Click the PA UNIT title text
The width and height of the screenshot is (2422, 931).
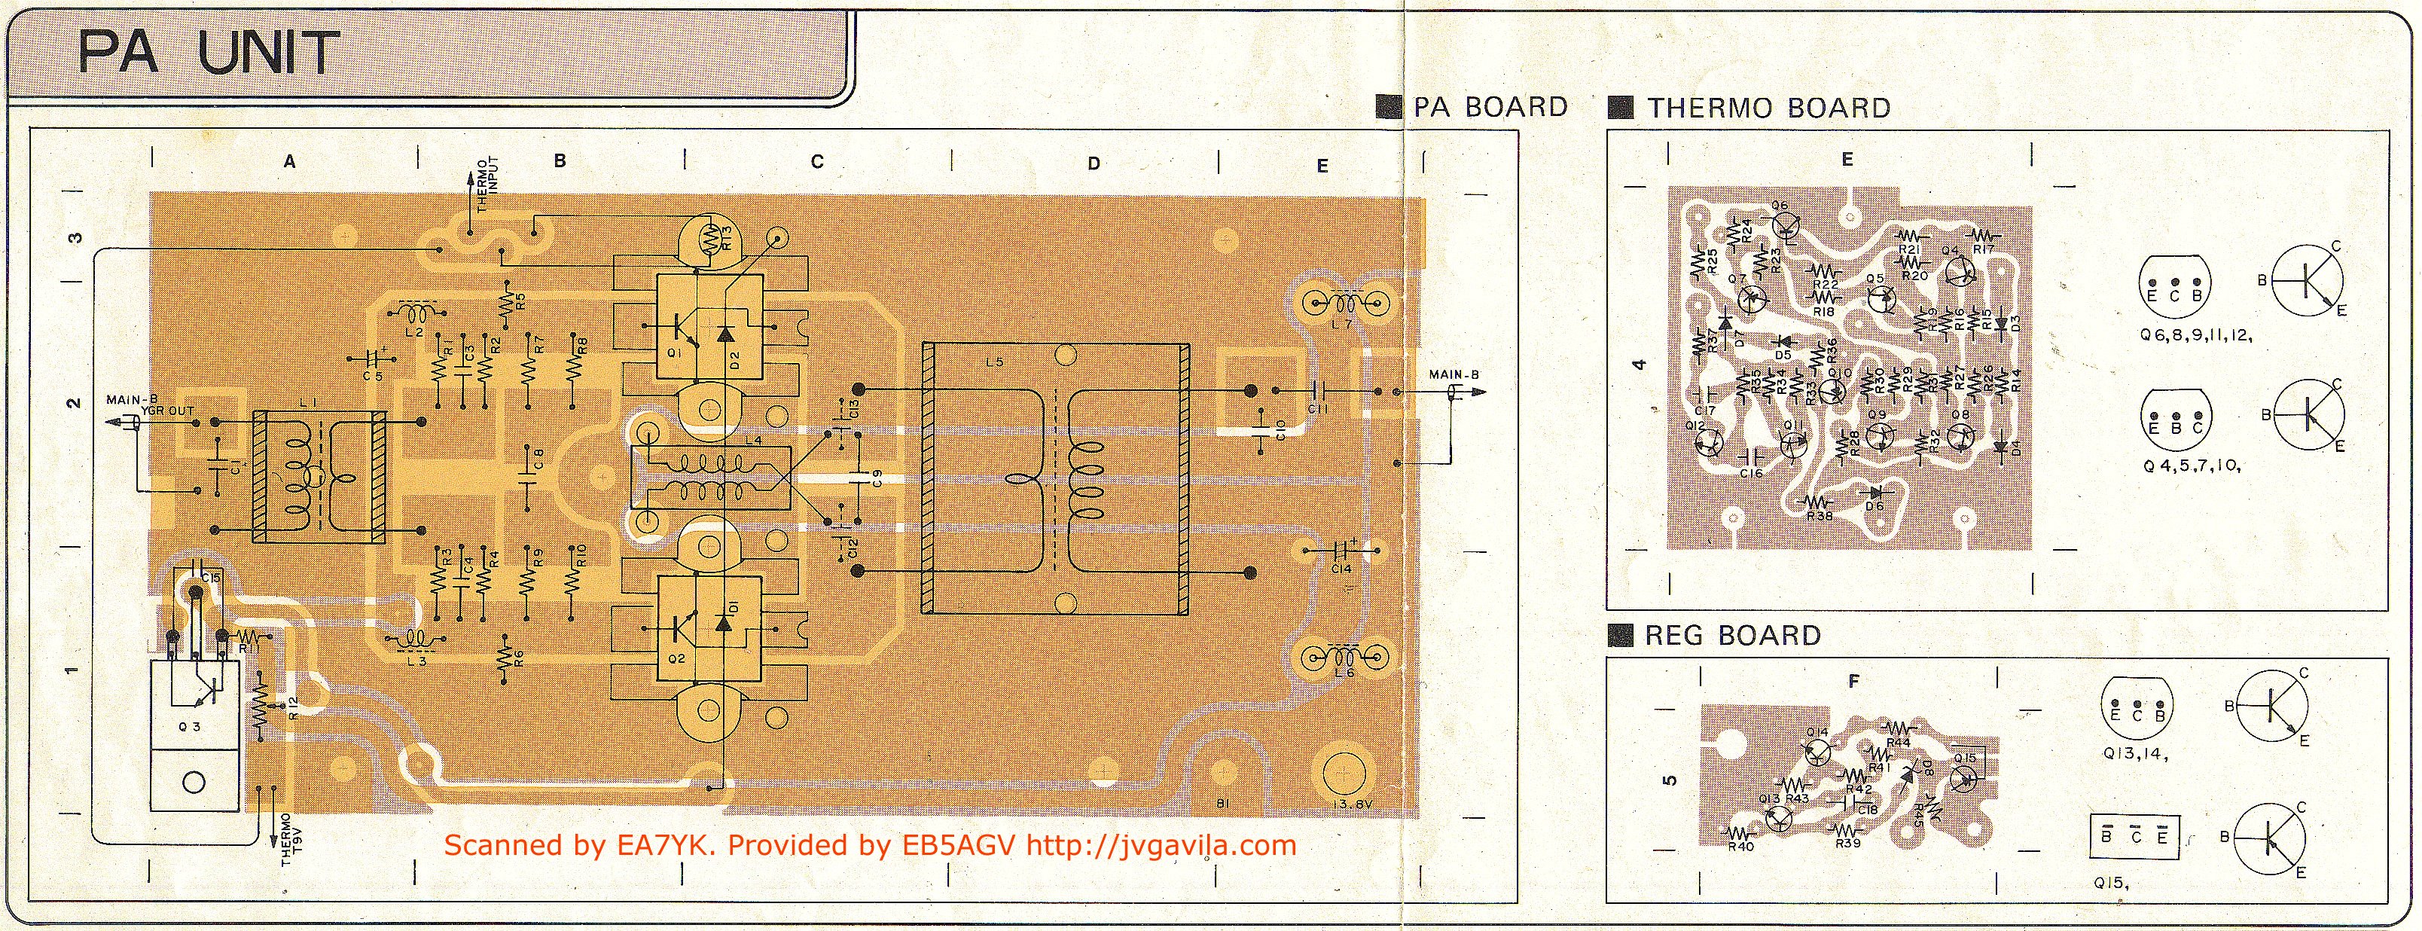click(208, 53)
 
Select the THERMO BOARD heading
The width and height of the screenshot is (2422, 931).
click(1768, 108)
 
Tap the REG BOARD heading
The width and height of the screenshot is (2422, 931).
click(1732, 636)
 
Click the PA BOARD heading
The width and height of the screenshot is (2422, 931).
click(1490, 107)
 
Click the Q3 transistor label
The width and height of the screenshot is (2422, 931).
click(194, 727)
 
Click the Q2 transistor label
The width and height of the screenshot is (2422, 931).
click(677, 658)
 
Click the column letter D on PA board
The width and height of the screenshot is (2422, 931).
click(1094, 163)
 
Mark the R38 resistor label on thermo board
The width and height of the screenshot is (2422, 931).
click(1820, 515)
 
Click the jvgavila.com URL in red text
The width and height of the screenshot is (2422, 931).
click(1161, 845)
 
